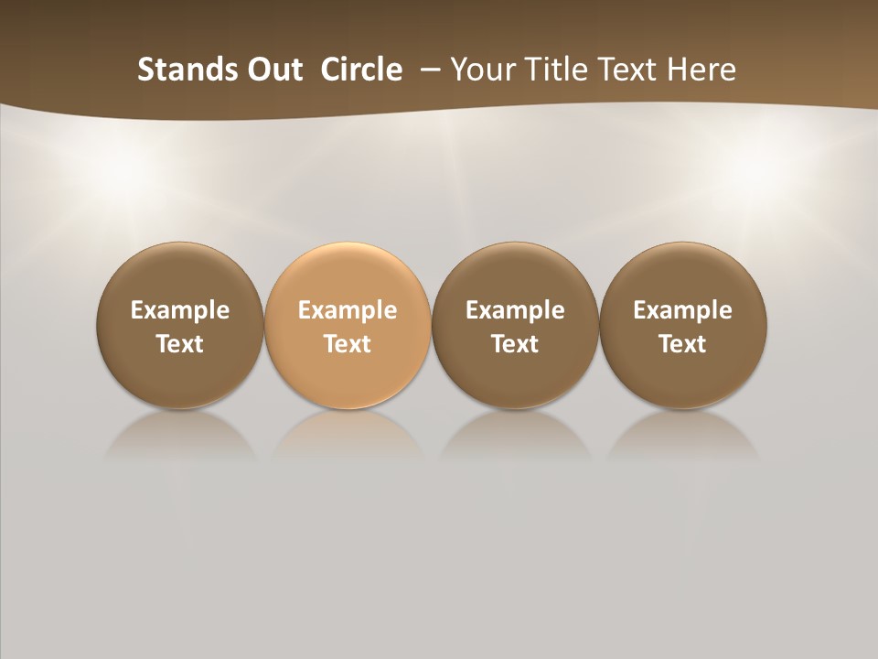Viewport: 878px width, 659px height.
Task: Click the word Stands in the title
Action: coord(173,70)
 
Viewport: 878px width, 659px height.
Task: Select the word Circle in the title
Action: coord(361,70)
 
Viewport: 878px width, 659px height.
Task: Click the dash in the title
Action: coord(431,70)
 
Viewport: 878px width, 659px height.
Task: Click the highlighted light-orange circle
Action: coord(348,325)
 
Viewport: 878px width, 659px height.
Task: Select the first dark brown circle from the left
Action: coord(180,325)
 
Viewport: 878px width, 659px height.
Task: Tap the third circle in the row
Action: coord(515,325)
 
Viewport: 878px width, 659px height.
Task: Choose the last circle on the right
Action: coord(683,325)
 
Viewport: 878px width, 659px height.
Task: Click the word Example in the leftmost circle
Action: coord(180,310)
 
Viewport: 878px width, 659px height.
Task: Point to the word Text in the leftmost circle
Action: coord(180,344)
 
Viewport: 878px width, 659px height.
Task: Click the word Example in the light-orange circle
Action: coord(348,310)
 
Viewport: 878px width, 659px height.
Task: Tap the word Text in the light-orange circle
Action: coord(348,344)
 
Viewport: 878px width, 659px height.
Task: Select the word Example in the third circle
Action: coord(515,310)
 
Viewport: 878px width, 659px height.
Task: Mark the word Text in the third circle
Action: coord(515,344)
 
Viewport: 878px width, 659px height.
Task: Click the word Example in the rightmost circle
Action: coord(683,310)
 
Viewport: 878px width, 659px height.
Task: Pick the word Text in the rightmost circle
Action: coord(683,344)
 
